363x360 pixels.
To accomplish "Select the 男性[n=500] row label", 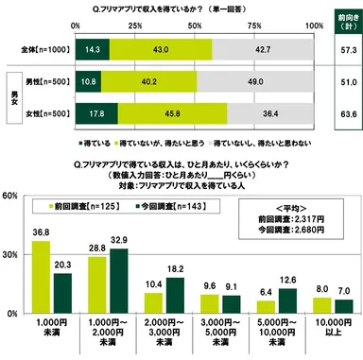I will click(38, 82).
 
